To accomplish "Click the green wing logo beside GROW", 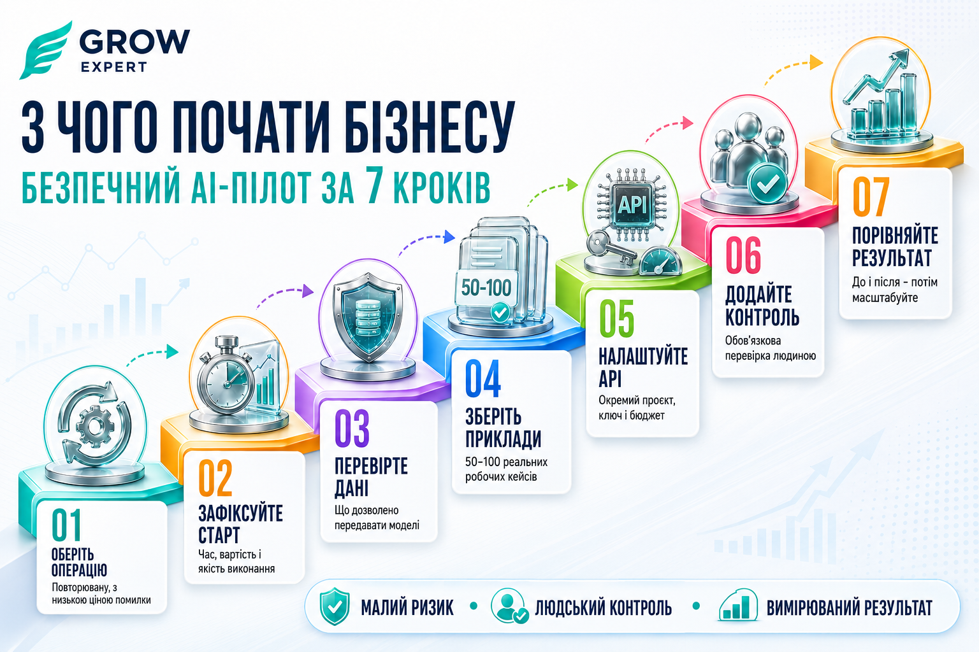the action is tap(45, 50).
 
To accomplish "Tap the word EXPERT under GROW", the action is tap(113, 67).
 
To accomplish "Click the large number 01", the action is tap(66, 525).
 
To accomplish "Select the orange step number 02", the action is tap(215, 479).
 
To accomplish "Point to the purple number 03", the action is tap(352, 429).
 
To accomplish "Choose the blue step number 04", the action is tap(482, 379).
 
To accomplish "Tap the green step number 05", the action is tap(616, 319).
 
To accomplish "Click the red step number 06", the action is tap(743, 255).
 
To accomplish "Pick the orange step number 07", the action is tap(871, 197).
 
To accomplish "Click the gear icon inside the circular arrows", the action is tap(94, 426).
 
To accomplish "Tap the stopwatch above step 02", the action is tap(225, 376).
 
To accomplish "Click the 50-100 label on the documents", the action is tap(486, 288).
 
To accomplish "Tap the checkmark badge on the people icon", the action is tap(767, 183).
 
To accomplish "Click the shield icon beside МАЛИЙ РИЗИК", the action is tap(335, 607).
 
